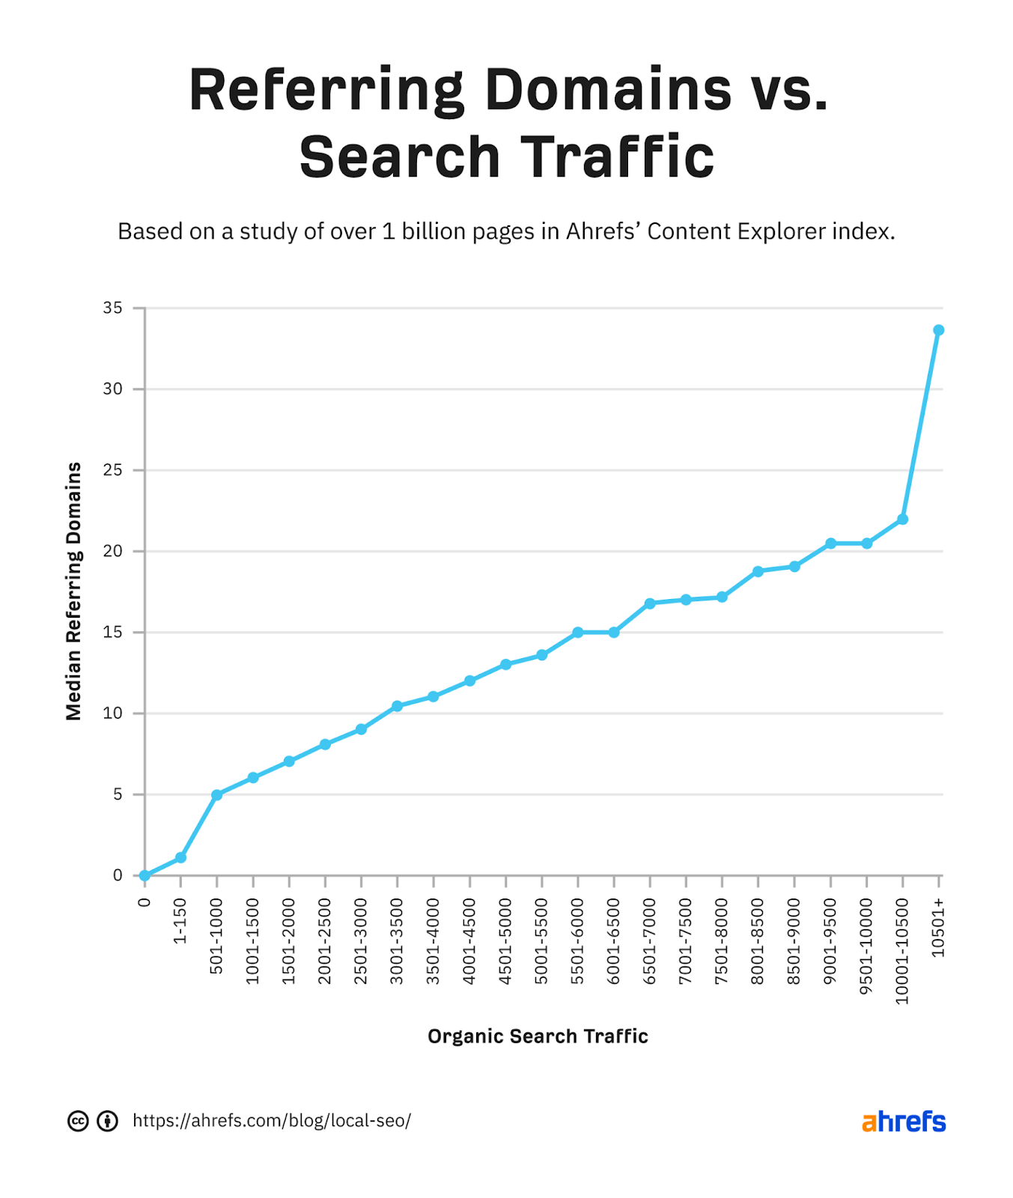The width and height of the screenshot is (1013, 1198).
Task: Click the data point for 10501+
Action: coord(938,330)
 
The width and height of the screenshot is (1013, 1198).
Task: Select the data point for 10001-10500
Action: coord(902,519)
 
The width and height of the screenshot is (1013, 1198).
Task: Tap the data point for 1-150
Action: coord(180,857)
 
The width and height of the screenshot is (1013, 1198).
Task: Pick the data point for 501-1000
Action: coord(217,794)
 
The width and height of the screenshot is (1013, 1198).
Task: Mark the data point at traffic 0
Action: coord(145,875)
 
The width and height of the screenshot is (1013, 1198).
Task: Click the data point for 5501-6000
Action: coord(577,633)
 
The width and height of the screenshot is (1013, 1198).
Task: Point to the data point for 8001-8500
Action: coord(758,571)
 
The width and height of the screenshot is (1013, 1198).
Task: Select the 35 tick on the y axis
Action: coord(113,308)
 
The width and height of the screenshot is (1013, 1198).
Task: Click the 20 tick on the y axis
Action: coord(113,551)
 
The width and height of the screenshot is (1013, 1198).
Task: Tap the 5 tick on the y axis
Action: coord(118,794)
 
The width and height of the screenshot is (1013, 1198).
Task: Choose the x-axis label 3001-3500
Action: coord(397,941)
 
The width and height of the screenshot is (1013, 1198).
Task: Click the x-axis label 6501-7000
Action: coord(649,941)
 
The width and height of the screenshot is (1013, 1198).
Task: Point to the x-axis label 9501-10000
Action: coord(866,946)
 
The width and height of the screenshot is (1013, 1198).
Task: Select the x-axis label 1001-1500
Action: coord(252,941)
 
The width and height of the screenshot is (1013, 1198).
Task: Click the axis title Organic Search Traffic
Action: coord(538,1036)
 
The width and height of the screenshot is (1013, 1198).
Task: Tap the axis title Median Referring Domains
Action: coord(73,592)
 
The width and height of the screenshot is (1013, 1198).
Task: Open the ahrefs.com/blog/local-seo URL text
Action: coord(272,1121)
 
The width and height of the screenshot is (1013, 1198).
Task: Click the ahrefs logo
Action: coord(903,1122)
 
